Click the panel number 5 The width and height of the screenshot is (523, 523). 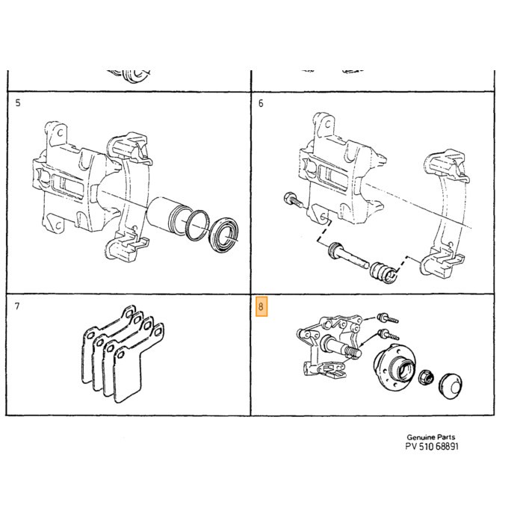(x=18, y=103)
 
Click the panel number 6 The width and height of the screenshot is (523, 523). (x=261, y=103)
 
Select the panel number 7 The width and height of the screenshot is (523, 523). (x=17, y=306)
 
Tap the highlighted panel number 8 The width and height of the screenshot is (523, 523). (x=261, y=306)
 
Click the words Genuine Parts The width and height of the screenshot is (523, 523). (x=430, y=437)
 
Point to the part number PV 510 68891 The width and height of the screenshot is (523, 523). (x=432, y=447)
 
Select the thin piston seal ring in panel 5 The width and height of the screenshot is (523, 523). (x=196, y=225)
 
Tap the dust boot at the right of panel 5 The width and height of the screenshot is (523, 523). (x=223, y=235)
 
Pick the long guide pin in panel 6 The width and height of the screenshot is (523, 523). (x=347, y=256)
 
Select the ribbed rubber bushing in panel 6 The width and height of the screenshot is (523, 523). (x=384, y=273)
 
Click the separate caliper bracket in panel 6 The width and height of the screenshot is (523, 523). (x=445, y=214)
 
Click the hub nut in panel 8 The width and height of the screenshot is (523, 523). (x=426, y=377)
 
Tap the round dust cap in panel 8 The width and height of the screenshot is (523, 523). (x=451, y=386)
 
